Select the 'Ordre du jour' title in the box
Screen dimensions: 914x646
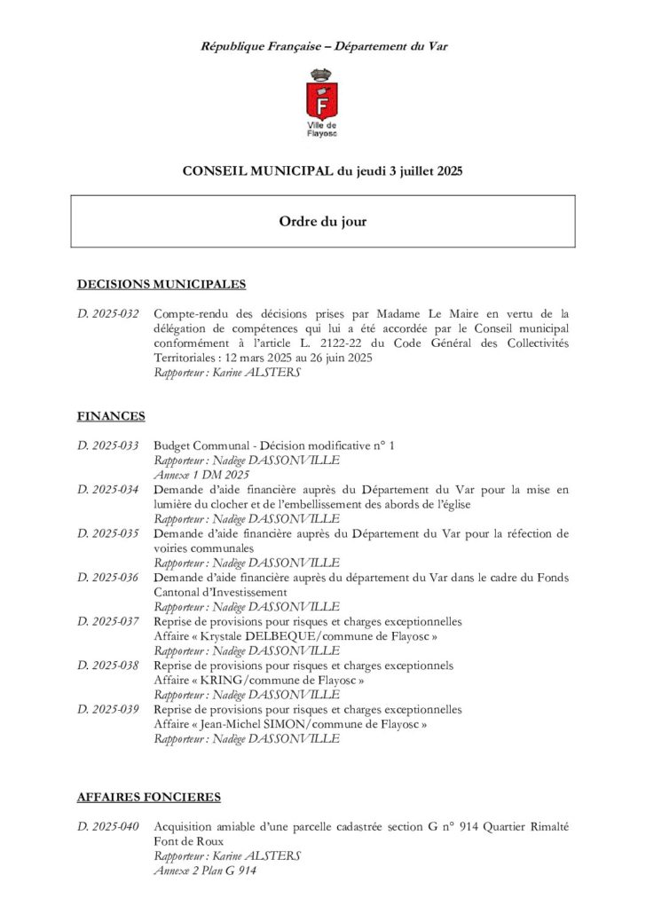[x=323, y=222]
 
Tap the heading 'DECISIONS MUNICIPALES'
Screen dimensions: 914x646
[x=161, y=285]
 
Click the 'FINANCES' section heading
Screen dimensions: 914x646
[x=111, y=416]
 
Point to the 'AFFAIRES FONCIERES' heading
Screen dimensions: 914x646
[x=149, y=798]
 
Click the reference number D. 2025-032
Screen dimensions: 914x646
[x=108, y=313]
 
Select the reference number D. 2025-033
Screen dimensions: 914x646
[x=108, y=445]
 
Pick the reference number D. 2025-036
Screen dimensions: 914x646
[x=108, y=578]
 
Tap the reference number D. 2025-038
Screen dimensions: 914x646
[x=108, y=666]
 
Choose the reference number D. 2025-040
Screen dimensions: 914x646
[x=108, y=827]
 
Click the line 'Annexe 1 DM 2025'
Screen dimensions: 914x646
[x=189, y=475]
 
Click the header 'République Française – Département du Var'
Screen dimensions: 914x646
[x=323, y=46]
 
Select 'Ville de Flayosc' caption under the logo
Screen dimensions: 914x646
[x=323, y=130]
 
